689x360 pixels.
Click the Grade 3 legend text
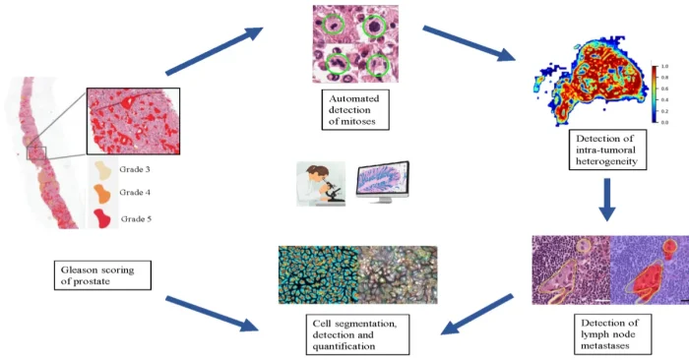137,168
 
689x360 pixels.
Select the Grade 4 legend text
137,192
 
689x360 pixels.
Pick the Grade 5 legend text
138,217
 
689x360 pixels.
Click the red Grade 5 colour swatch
103,215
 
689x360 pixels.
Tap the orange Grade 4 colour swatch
103,191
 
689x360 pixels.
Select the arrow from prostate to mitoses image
217,51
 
